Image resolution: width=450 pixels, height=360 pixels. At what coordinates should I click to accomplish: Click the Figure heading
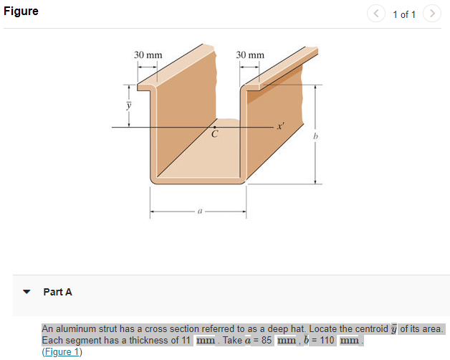[x=21, y=12]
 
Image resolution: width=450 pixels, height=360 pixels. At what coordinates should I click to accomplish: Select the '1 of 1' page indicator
[x=404, y=14]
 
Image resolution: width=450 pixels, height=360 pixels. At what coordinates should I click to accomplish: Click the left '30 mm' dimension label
[x=148, y=55]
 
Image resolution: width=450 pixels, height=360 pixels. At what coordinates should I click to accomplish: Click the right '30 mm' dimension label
[x=250, y=55]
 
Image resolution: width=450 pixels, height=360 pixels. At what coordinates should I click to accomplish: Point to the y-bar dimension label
[x=129, y=105]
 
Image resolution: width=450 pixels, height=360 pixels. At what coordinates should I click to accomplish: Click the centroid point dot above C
[x=214, y=127]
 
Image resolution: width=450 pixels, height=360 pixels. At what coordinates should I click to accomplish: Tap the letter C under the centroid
[x=214, y=134]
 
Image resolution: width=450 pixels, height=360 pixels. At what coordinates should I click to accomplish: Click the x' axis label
[x=281, y=125]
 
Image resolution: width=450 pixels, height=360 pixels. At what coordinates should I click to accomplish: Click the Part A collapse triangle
[x=27, y=293]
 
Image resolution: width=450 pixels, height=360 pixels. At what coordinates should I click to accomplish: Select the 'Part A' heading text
[x=57, y=292]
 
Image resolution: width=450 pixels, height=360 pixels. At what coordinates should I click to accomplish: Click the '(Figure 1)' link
[x=62, y=351]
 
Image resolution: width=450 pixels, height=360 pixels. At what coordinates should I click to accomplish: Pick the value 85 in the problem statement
[x=266, y=340]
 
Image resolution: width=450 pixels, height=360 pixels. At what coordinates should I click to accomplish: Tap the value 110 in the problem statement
[x=327, y=340]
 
